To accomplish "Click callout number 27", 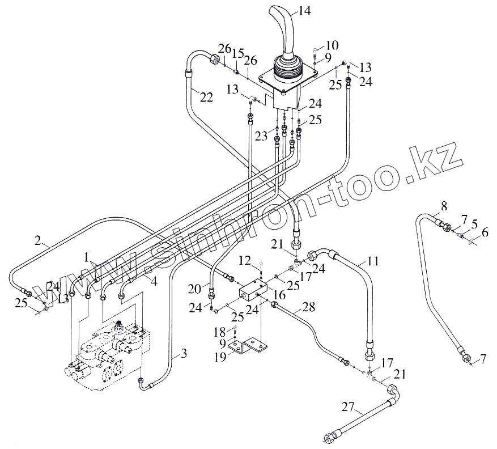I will click(349, 406).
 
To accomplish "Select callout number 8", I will click(444, 205).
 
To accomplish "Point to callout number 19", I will click(219, 356).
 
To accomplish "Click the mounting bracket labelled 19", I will click(249, 348).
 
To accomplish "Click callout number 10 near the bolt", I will click(332, 45).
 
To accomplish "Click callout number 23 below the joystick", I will click(261, 135).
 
